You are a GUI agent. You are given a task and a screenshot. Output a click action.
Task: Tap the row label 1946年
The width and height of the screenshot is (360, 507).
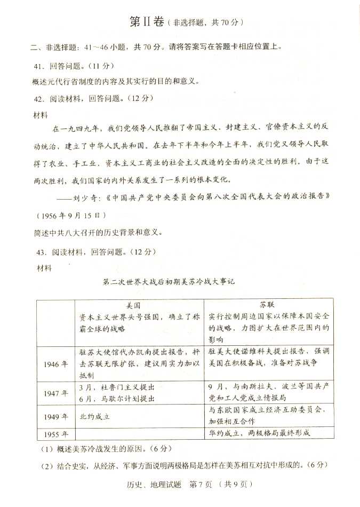coord(55,364)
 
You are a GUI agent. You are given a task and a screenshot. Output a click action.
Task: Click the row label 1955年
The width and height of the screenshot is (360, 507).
coord(55,433)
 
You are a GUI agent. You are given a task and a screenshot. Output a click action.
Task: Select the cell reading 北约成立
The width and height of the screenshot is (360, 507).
coord(94,415)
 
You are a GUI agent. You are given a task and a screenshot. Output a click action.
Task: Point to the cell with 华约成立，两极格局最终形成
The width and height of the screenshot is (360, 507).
coord(259,433)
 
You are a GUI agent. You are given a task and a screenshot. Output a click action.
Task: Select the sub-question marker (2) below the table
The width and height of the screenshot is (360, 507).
coord(46,465)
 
